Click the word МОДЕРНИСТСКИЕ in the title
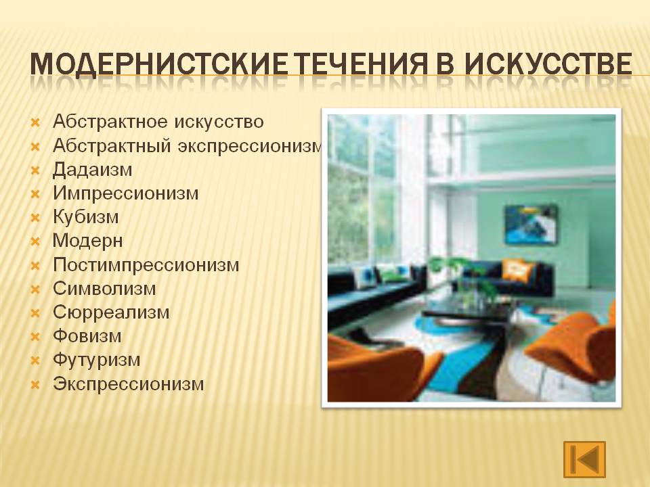pos(158,64)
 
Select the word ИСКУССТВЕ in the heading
pos(548,64)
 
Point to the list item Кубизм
pos(86,217)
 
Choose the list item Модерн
pos(88,241)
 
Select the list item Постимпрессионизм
pos(146,265)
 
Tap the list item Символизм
pos(104,289)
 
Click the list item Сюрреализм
pos(111,312)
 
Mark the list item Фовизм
pos(87,336)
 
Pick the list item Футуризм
pos(97,360)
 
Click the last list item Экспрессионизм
pos(129,384)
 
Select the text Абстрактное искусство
pos(158,122)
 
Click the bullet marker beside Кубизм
pos(35,218)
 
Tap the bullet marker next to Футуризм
pos(35,361)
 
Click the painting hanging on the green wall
pos(531,224)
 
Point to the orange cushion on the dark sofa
pos(517,270)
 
